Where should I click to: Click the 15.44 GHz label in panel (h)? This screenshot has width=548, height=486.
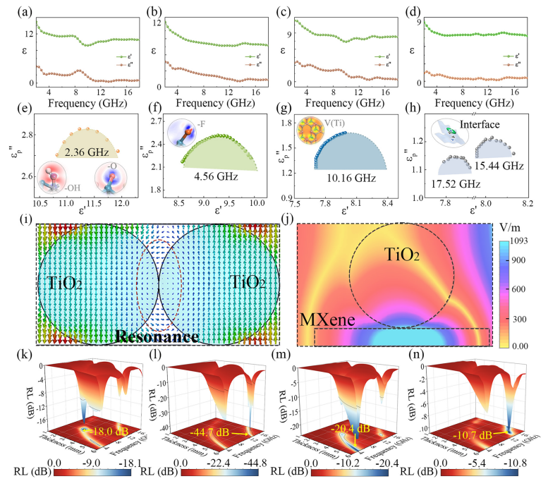[x=506, y=164]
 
